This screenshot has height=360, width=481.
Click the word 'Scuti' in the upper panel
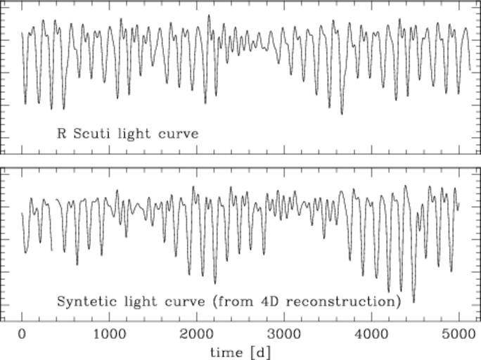[93, 133]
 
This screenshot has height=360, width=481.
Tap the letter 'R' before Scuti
[60, 133]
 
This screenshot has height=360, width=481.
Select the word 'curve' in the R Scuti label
[178, 133]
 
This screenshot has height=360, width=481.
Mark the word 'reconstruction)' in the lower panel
[341, 302]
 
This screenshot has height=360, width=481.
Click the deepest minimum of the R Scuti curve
[342, 113]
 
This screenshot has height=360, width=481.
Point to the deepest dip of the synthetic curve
[413, 302]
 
